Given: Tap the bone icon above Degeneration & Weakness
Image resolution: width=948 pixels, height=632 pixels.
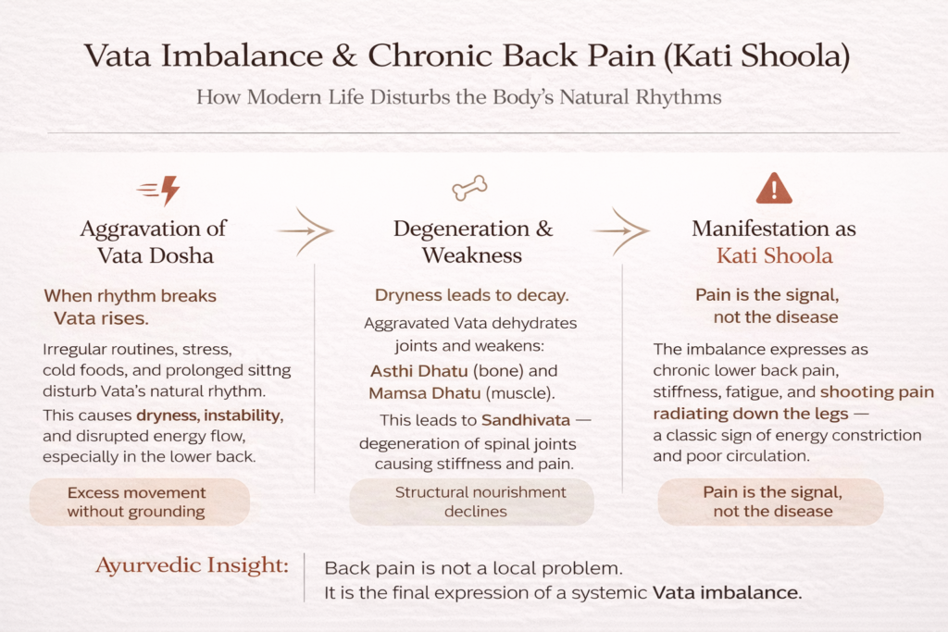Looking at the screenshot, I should click(x=469, y=190).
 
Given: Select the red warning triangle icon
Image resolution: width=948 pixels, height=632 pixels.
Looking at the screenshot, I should click(x=774, y=188).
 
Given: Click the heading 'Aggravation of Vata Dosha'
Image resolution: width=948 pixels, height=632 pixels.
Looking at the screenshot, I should click(x=154, y=242).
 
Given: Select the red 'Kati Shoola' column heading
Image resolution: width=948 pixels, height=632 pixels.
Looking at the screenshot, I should click(x=774, y=255).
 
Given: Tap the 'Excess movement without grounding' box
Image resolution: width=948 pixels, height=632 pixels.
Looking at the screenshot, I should click(x=136, y=502).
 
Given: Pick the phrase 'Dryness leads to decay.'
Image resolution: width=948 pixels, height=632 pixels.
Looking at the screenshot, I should click(x=471, y=296).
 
